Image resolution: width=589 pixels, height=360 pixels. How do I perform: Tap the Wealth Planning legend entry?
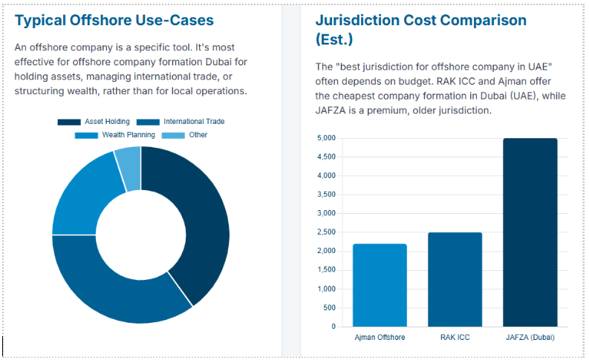pyautogui.click(x=116, y=135)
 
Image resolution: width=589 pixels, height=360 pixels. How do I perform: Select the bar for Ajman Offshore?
pyautogui.click(x=380, y=285)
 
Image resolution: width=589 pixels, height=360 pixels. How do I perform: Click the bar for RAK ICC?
pyautogui.click(x=455, y=279)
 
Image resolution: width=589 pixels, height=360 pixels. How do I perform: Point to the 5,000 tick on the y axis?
pyautogui.click(x=325, y=139)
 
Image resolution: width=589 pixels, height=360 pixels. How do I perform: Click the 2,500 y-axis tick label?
pyautogui.click(x=325, y=232)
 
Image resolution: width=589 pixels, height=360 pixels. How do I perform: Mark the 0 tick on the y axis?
pyautogui.click(x=332, y=327)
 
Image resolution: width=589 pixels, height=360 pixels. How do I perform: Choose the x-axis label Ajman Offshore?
pyautogui.click(x=380, y=338)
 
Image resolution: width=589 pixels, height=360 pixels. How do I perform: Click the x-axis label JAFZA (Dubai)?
pyautogui.click(x=530, y=338)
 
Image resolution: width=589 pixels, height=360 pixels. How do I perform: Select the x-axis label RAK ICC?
pyautogui.click(x=455, y=338)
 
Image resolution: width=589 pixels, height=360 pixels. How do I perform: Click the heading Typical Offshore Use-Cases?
pyautogui.click(x=114, y=21)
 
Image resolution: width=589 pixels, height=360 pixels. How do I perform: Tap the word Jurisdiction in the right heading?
pyautogui.click(x=361, y=21)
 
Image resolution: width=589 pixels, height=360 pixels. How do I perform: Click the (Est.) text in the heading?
pyautogui.click(x=334, y=39)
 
